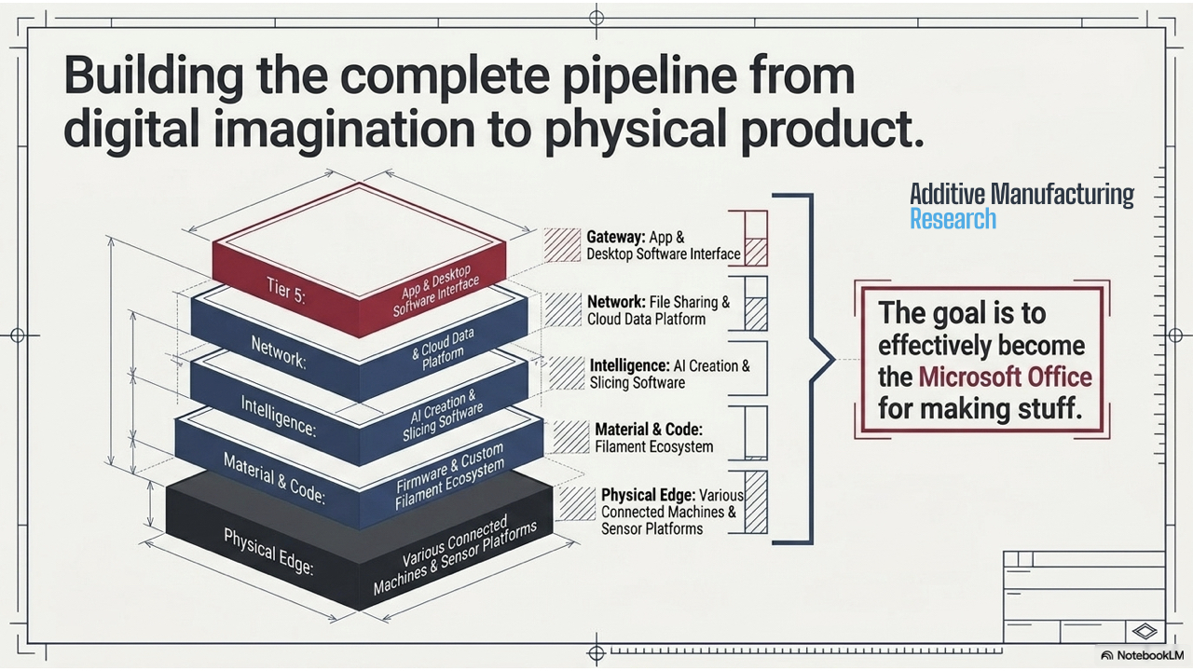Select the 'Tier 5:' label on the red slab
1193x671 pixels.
tap(286, 291)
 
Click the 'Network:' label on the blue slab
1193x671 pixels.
tap(279, 352)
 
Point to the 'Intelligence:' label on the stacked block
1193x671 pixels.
tap(279, 417)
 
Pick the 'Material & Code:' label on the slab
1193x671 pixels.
tap(274, 479)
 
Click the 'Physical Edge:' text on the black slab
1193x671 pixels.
tap(268, 552)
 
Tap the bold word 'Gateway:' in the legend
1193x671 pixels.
tap(616, 237)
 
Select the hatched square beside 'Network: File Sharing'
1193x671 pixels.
tap(562, 309)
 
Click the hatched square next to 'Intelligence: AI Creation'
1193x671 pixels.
tap(567, 373)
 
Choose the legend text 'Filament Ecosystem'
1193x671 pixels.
tap(654, 446)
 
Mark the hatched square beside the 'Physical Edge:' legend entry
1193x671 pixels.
tap(577, 503)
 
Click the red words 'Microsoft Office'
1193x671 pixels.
tap(1006, 377)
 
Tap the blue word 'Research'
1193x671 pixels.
tap(953, 219)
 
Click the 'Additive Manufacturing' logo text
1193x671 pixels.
tap(1022, 194)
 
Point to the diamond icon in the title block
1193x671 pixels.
tap(1145, 632)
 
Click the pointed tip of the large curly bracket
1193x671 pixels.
tap(834, 360)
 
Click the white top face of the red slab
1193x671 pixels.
tap(360, 240)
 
